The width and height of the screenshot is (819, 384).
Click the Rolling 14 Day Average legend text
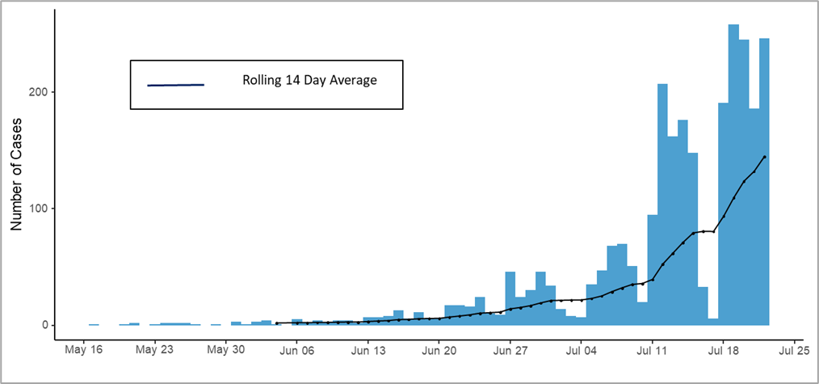(x=309, y=81)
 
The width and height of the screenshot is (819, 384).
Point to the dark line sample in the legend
(x=175, y=85)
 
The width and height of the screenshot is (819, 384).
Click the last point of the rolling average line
(x=764, y=157)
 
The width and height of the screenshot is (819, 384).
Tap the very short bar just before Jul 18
(x=713, y=322)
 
